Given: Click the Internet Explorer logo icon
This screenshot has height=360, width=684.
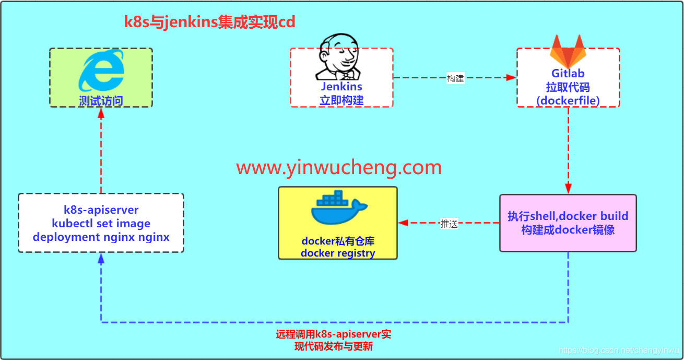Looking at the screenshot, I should coord(101,70).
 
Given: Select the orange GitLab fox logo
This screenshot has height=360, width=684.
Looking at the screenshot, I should coord(568,51).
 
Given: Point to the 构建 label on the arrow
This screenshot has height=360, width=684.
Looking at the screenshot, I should coord(455,78).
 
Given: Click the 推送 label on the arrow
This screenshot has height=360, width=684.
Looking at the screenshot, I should coord(449,224).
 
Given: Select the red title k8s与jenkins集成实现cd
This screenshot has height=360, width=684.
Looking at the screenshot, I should coord(209,22).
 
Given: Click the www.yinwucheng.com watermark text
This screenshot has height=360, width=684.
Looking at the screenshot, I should coord(339,168).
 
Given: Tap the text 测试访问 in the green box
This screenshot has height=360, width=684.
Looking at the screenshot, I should coord(101,100).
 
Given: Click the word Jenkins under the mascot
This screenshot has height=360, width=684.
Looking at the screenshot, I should coord(341,87).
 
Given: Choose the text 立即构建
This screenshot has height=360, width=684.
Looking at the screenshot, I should coord(341,100).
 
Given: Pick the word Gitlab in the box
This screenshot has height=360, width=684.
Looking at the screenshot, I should coord(568,74).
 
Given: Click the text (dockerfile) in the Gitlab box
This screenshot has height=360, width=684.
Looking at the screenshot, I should coord(568,100).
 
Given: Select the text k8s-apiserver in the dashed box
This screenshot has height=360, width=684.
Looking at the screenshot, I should coord(101,210).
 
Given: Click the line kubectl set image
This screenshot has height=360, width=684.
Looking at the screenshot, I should coord(101,224).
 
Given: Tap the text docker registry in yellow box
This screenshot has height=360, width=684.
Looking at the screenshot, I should coord(338,253).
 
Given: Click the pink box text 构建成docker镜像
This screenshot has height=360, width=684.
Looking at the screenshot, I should coord(568,230).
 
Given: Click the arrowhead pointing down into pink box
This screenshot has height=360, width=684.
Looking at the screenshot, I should coord(568,189).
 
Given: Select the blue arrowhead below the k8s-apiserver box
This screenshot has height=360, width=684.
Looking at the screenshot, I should coord(101,258).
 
